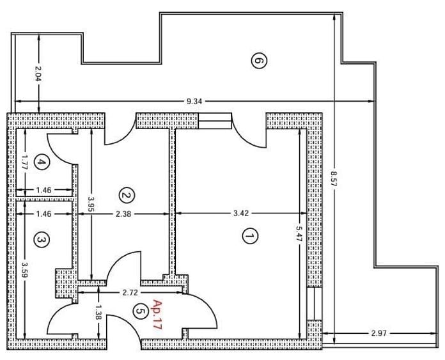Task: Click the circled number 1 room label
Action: (x=250, y=236)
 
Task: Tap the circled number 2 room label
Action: (x=127, y=195)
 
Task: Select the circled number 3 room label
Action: (x=42, y=240)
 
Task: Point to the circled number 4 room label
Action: (x=42, y=162)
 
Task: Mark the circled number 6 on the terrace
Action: (x=259, y=61)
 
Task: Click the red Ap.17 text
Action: (x=157, y=314)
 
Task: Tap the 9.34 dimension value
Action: (x=194, y=101)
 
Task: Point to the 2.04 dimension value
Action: (x=38, y=74)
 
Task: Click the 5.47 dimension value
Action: (x=299, y=233)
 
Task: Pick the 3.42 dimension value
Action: (x=241, y=213)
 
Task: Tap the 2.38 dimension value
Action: (x=124, y=214)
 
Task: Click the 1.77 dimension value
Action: (x=25, y=162)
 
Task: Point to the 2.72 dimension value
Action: (x=130, y=292)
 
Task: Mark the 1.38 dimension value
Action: (x=98, y=312)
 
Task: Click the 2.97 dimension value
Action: (x=379, y=333)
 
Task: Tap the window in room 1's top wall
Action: (x=215, y=121)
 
